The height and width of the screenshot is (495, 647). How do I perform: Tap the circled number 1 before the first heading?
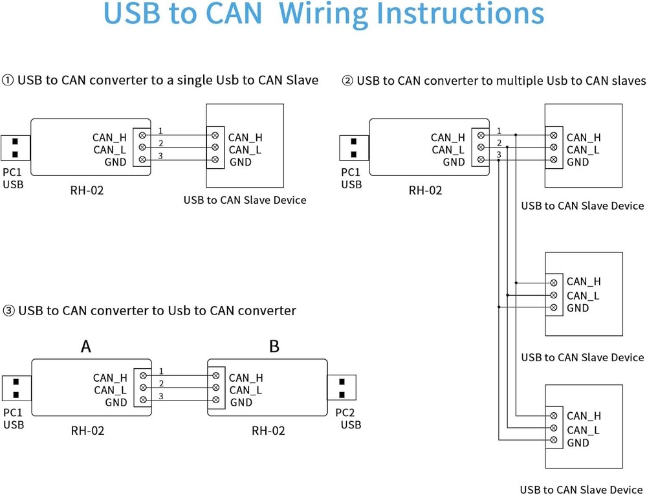[8, 80]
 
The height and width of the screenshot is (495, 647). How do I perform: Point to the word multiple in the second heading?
[519, 81]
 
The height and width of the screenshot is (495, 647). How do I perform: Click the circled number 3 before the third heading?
[8, 311]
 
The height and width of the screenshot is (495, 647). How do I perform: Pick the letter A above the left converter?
[86, 346]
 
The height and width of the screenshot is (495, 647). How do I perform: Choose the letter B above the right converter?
[274, 346]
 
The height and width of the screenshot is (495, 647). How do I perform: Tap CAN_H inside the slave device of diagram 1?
[245, 137]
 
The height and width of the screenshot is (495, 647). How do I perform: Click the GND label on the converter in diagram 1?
[116, 162]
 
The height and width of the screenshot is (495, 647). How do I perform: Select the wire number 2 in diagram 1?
[160, 143]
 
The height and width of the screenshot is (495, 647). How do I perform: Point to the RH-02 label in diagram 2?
[426, 190]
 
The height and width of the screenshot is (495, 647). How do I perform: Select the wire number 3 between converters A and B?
[160, 396]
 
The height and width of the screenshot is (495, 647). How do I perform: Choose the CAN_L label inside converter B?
[245, 390]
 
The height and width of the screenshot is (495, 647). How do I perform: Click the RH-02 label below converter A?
[87, 430]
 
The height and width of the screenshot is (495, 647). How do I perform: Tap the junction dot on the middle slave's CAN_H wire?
[516, 283]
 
